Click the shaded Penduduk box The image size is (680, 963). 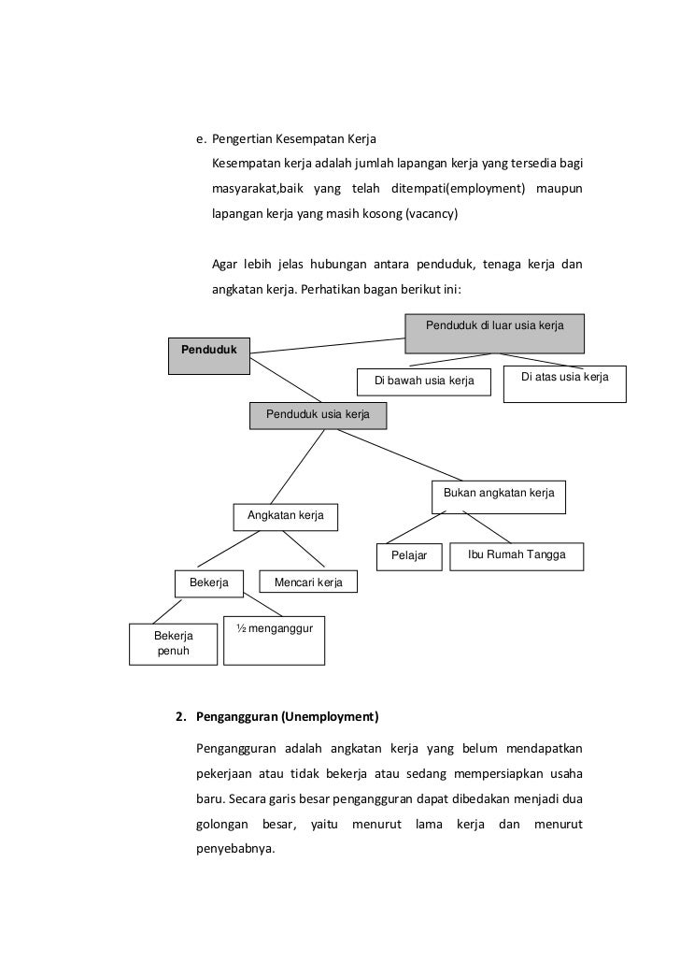tap(208, 354)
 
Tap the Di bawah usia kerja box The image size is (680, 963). tap(424, 381)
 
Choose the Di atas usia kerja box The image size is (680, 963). tap(564, 383)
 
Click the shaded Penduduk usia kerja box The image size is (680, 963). tap(318, 415)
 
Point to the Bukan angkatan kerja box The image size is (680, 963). tap(499, 497)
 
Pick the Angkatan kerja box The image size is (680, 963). tap(285, 516)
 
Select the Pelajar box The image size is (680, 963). tap(409, 555)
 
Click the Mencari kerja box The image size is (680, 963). tap(307, 582)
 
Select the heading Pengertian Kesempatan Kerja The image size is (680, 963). tap(293, 140)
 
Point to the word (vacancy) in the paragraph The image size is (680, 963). tap(432, 213)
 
